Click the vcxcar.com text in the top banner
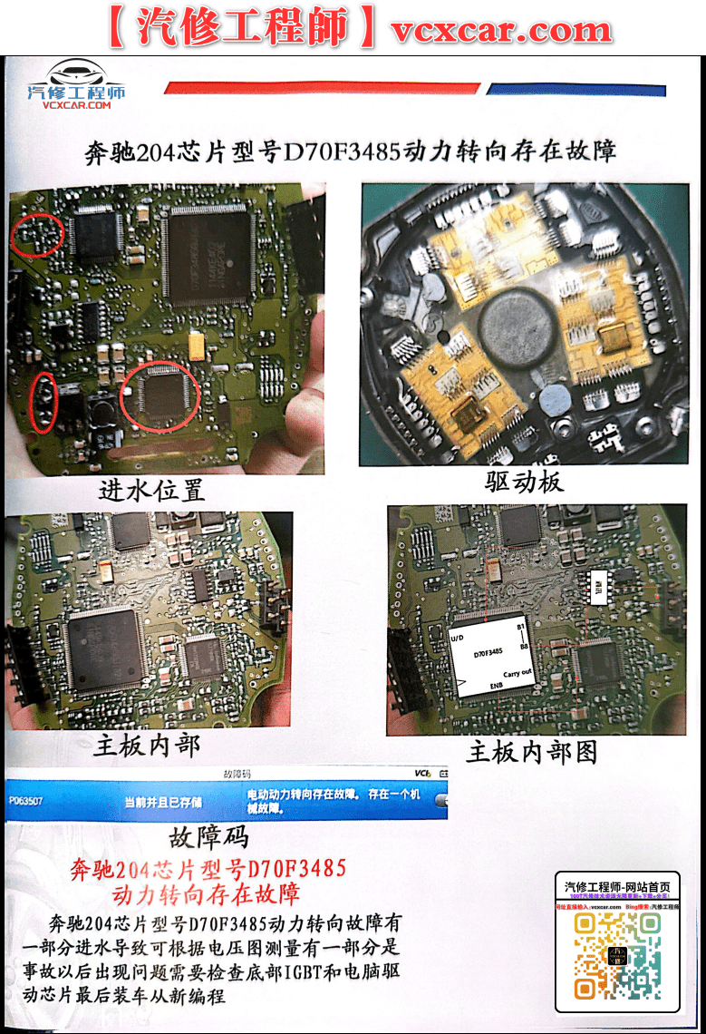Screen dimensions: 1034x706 (501, 29)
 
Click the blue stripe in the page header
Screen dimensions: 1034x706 (576, 90)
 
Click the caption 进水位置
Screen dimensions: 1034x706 (151, 490)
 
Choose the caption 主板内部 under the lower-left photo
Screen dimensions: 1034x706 (146, 746)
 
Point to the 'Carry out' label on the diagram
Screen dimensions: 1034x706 (517, 673)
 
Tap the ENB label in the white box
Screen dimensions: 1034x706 (497, 687)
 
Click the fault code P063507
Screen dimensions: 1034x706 (25, 802)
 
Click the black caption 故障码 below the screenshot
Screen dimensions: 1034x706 (208, 835)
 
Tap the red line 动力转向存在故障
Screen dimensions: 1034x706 (206, 895)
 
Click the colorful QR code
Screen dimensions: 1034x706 (616, 955)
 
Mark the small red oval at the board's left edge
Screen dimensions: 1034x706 (44, 401)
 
